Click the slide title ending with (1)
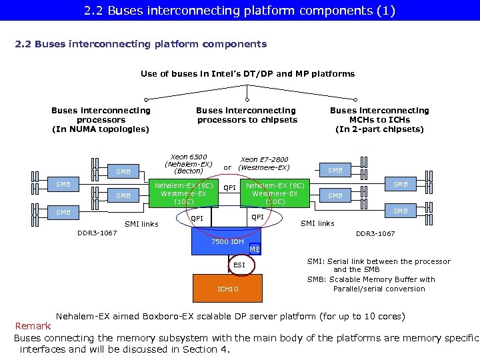[x=239, y=11]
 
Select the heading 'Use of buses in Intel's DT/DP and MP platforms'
[x=247, y=73]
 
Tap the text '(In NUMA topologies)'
[x=101, y=129]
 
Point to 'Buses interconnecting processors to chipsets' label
[x=247, y=115]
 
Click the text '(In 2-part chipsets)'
[x=379, y=129]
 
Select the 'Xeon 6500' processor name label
[x=188, y=157]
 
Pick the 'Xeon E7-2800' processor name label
[x=264, y=160]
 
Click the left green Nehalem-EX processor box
[x=183, y=193]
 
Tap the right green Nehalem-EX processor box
[x=275, y=193]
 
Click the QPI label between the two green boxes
[x=229, y=188]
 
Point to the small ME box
[x=255, y=249]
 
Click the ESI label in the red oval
[x=239, y=265]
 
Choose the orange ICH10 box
[x=228, y=289]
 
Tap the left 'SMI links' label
[x=141, y=224]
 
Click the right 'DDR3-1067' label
[x=375, y=234]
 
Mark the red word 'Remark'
[x=33, y=327]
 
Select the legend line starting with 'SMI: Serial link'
[x=378, y=261]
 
